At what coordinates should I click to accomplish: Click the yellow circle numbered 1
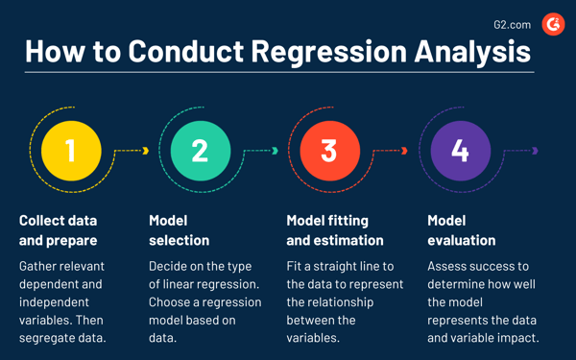[x=70, y=151]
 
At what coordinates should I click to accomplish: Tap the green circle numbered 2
[x=200, y=151]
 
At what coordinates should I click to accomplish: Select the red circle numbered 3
[x=329, y=151]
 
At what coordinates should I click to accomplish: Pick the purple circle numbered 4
[x=460, y=151]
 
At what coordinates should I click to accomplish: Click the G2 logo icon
[x=553, y=24]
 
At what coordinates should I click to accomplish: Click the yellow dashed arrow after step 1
[x=132, y=151]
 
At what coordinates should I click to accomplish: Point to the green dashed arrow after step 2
[x=261, y=151]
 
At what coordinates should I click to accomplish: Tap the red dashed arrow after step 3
[x=391, y=151]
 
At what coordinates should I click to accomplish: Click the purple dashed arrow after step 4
[x=521, y=151]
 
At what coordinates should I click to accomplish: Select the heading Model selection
[x=179, y=230]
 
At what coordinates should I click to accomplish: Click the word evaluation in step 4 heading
[x=462, y=240]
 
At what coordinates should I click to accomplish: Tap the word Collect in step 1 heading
[x=44, y=221]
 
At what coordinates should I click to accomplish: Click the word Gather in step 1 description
[x=40, y=266]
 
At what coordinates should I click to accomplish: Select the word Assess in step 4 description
[x=449, y=266]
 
